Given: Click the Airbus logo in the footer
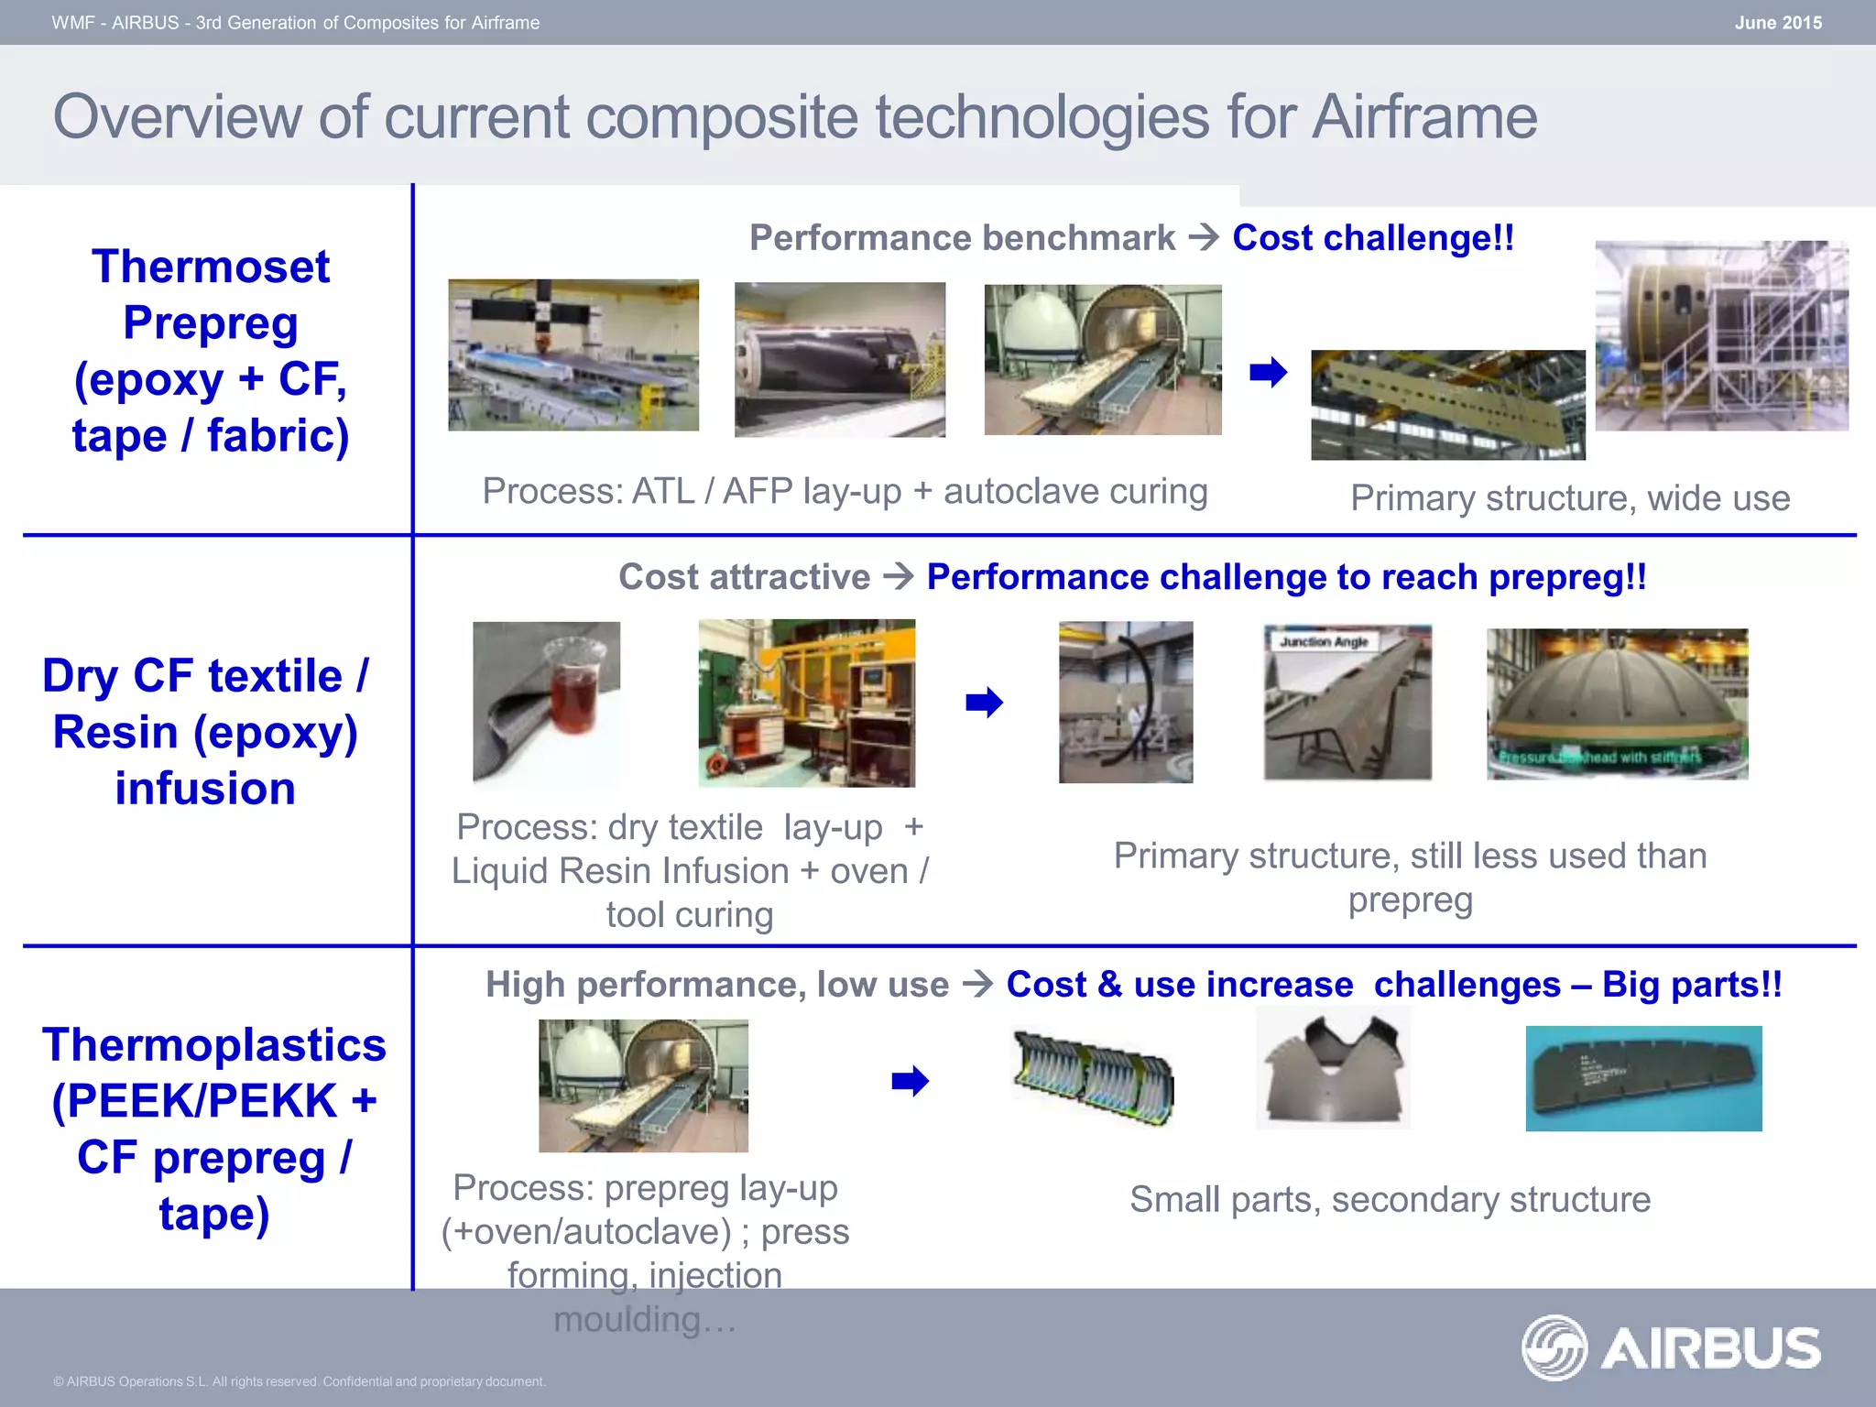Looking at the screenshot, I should (x=1671, y=1347).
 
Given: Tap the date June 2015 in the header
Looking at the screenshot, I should (x=1777, y=23).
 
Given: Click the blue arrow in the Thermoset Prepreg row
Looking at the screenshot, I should (x=1268, y=373).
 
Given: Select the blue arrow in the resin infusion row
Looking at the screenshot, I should (x=984, y=703).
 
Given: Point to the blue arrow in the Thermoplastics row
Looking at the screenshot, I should (x=910, y=1081).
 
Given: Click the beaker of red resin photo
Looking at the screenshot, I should (x=546, y=703).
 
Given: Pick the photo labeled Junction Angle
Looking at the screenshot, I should (x=1347, y=703).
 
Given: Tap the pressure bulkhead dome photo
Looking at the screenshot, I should (x=1617, y=703).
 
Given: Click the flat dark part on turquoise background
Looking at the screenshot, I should (x=1643, y=1078).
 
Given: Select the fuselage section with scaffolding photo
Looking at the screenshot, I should (x=1721, y=335).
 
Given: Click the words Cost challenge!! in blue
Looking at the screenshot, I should (x=1372, y=238).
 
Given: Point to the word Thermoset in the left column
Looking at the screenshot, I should (x=210, y=267).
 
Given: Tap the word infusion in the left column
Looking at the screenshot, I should (x=205, y=789).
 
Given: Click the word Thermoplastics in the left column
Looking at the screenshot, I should (x=214, y=1045).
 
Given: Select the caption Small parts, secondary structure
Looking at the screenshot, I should (x=1390, y=1200).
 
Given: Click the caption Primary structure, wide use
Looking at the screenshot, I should (x=1569, y=498).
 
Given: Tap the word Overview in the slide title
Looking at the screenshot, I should (x=177, y=117).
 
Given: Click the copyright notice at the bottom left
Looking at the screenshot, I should (x=299, y=1381).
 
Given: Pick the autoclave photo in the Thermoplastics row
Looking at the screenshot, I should (x=643, y=1085).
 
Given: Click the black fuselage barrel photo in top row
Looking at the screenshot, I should (x=839, y=359).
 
